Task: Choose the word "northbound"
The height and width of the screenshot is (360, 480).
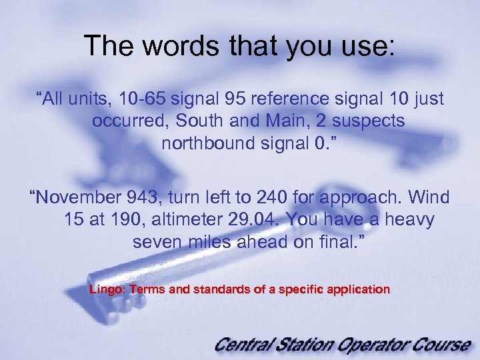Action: coord(207,143)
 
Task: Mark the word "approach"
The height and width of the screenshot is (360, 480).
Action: coord(356,198)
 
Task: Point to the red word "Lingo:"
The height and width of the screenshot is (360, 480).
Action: coord(107,290)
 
